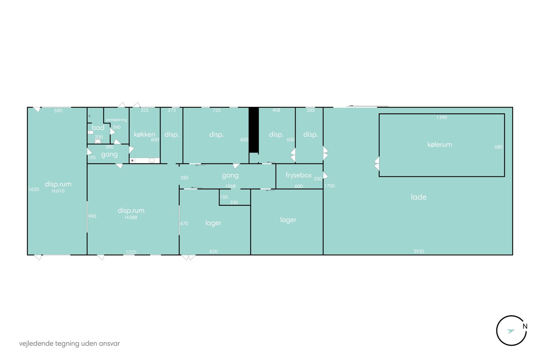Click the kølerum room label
439,145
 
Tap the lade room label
418,197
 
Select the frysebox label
299,175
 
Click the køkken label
144,134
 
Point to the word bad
98,128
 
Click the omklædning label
116,120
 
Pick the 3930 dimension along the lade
419,251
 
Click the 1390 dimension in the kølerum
442,118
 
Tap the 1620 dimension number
34,189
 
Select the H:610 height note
58,191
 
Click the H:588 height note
131,218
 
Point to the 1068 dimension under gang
231,186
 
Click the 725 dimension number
216,110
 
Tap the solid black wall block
254,130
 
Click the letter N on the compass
525,326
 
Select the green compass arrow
511,331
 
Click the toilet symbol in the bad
91,132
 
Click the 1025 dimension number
131,252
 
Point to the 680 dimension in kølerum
498,147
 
